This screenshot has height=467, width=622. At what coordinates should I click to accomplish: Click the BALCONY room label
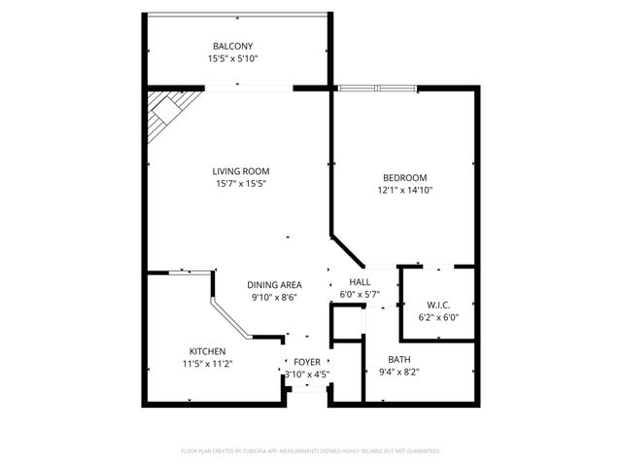pos(232,46)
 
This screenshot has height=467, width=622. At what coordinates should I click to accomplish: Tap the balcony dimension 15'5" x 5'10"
pos(232,58)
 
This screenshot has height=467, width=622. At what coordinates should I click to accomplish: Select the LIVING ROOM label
pos(241,171)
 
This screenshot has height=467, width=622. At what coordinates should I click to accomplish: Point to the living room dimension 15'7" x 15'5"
pos(241,184)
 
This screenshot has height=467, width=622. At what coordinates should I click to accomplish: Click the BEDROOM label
pos(404,177)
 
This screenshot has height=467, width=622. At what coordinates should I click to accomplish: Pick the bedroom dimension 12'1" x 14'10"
pos(404,190)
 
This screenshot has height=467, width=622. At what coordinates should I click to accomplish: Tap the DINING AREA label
pos(274,285)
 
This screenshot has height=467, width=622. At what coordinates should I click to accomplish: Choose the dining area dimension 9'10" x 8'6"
pos(274,298)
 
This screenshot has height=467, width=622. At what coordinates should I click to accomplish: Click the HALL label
pos(359,281)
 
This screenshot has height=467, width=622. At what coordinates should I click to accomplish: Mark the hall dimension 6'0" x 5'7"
pos(359,294)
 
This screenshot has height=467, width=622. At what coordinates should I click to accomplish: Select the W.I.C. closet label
pos(436,304)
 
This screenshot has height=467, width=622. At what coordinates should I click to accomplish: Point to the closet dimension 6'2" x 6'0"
pos(436,316)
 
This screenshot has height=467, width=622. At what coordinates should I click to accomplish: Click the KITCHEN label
pos(208,351)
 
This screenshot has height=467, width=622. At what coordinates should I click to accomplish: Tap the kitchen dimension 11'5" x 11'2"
pos(208,364)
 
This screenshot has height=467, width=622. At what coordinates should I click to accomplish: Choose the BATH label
pos(399,359)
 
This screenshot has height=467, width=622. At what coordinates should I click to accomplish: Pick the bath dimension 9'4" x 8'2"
pos(399,372)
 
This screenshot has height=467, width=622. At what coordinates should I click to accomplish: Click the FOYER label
pos(307,361)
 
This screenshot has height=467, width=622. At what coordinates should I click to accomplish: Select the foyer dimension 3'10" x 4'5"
pos(307,374)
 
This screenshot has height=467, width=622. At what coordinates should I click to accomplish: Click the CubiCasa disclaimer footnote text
pos(311,451)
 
